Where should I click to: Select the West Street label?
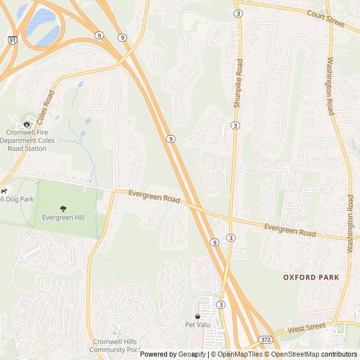tap(307, 327)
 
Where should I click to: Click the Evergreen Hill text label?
tap(63, 217)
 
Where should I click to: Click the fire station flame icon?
tap(26, 123)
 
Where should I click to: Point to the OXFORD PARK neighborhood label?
tap(311, 277)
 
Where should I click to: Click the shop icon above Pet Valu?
tap(197, 317)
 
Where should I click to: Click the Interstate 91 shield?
tap(13, 40)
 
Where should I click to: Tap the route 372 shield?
tap(266, 340)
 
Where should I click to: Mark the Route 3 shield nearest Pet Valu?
tap(221, 304)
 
